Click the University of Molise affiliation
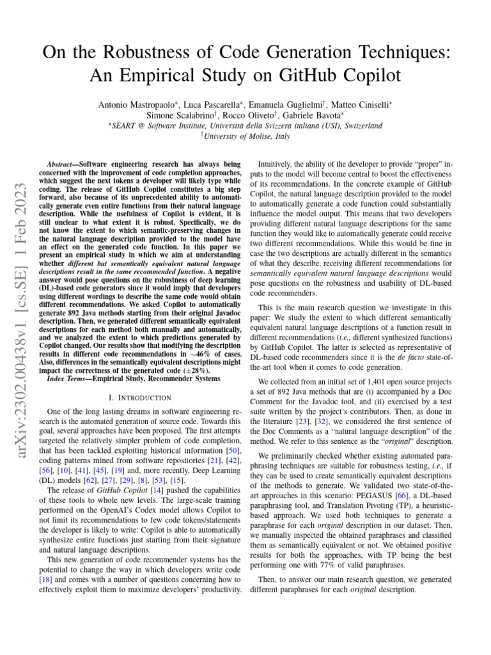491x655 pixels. tap(245, 136)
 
